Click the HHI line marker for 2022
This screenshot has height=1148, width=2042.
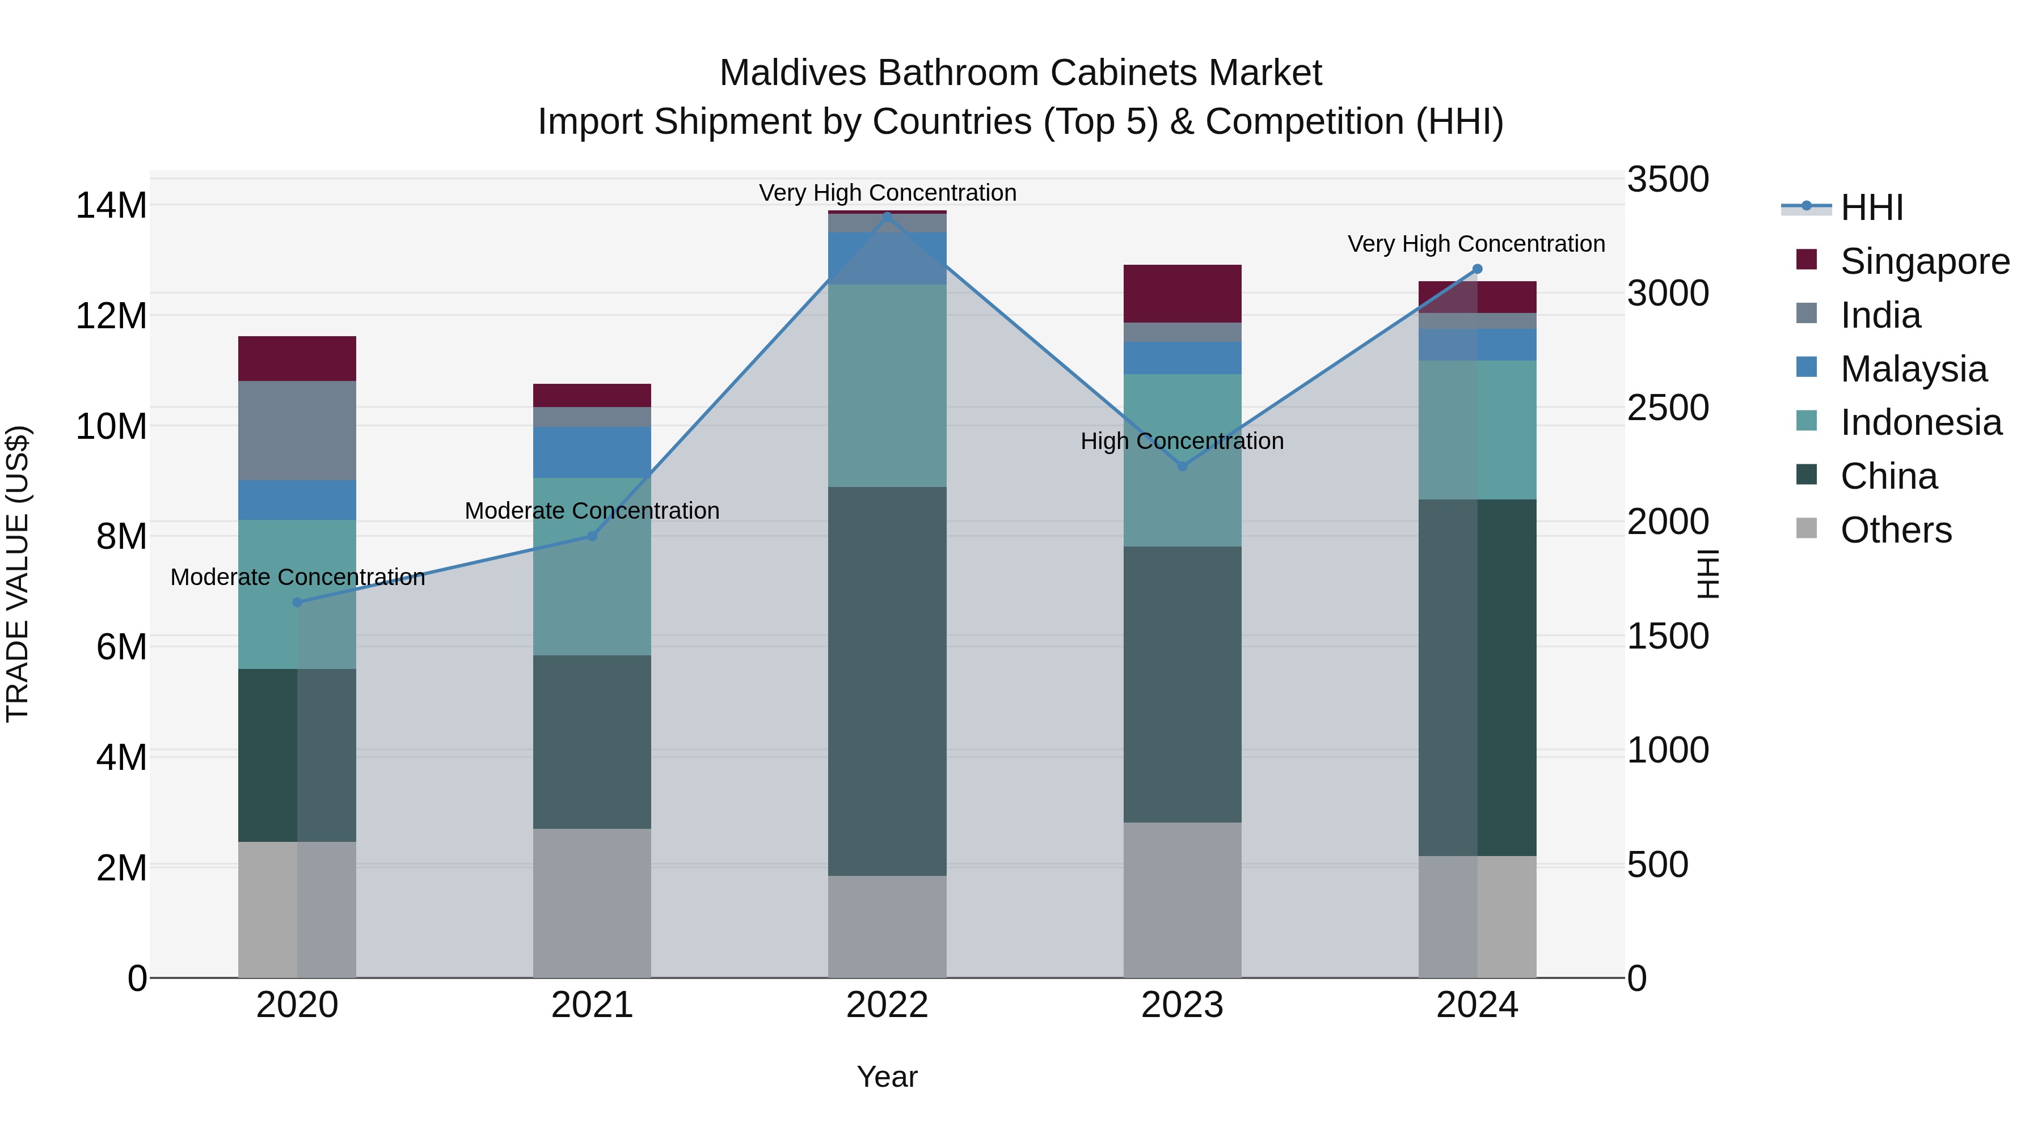[887, 217]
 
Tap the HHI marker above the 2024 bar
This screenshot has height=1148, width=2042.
[1477, 269]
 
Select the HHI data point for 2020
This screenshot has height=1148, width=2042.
[297, 602]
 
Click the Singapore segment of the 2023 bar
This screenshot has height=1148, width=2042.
[1182, 294]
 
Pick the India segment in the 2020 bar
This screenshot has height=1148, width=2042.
[297, 430]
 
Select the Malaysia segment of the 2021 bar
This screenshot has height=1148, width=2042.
[592, 452]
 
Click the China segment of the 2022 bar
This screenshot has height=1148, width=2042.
[887, 681]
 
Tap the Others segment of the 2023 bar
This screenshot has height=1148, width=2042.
[1182, 900]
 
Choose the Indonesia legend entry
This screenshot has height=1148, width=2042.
[1920, 422]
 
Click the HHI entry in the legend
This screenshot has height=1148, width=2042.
[1871, 207]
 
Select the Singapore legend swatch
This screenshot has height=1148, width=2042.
[1807, 260]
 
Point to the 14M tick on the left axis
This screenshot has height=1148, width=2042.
[111, 206]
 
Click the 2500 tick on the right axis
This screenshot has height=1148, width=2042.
[1668, 408]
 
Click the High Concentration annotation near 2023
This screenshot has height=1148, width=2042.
[1182, 441]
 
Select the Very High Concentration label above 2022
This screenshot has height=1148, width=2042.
[887, 193]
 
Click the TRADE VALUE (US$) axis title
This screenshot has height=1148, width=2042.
[18, 574]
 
